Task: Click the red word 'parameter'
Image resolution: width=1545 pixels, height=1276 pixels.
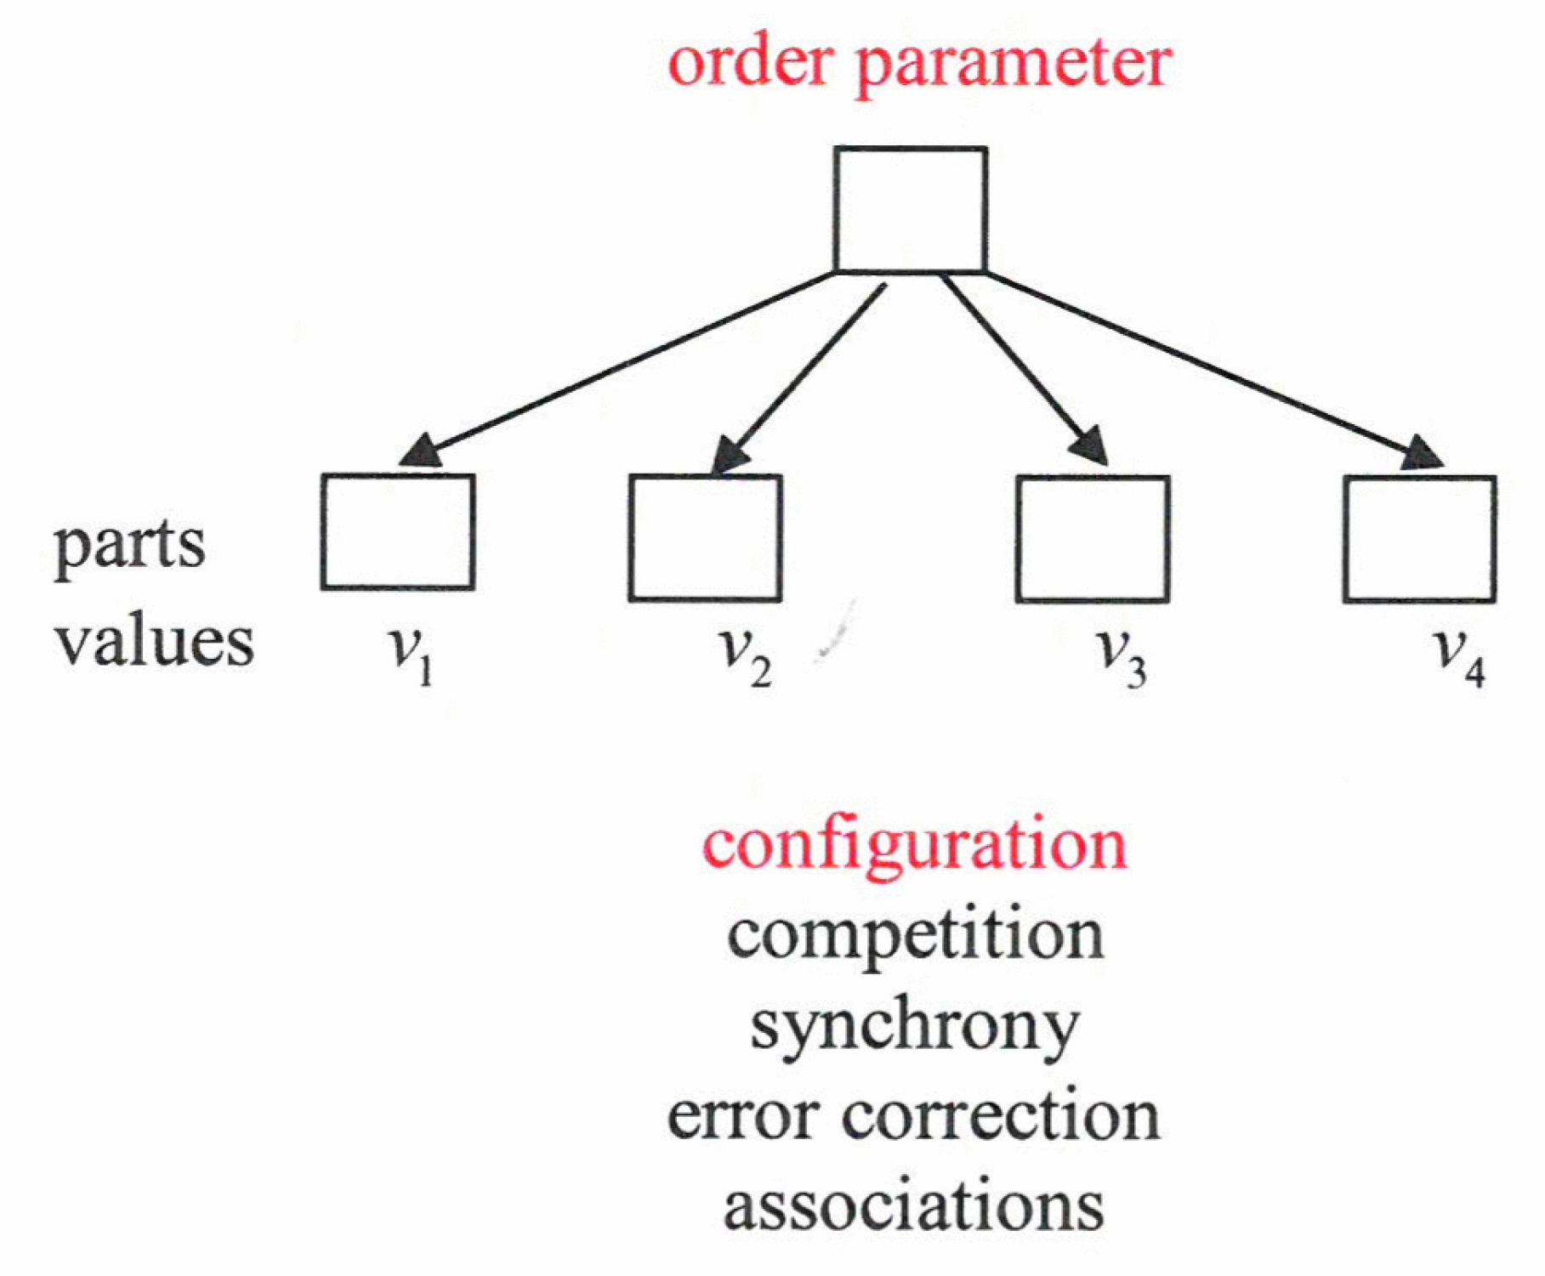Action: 1013,65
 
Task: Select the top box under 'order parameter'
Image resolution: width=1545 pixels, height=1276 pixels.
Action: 910,209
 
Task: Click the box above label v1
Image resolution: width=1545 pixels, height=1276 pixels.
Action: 398,532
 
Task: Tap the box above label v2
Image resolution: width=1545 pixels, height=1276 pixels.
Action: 705,538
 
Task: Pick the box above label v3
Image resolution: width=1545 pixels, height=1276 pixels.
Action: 1093,539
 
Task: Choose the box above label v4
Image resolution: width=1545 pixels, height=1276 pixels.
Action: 1419,539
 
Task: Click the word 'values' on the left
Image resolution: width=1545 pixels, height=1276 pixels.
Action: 155,642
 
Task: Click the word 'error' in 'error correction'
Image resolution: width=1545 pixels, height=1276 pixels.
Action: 742,1116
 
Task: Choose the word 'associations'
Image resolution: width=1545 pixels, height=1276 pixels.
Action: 913,1206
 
